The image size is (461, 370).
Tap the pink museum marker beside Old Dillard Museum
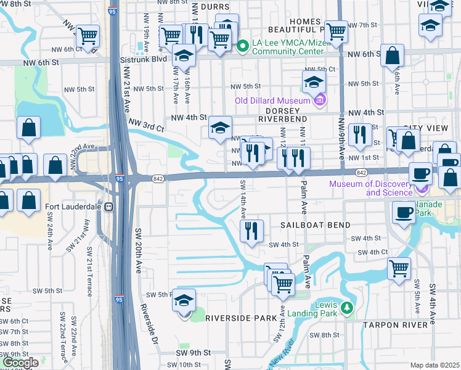319,101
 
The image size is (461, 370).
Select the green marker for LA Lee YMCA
243,45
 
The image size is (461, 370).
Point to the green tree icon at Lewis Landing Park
348,307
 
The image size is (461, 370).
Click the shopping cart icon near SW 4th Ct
399,268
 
